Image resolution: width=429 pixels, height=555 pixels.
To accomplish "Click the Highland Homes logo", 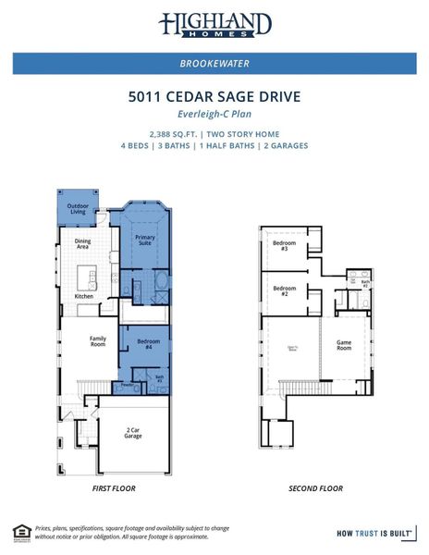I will [x=214, y=24].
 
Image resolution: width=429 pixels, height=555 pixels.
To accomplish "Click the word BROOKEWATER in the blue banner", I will [x=214, y=64].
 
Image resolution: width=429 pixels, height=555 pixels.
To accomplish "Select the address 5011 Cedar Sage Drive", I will [x=214, y=96].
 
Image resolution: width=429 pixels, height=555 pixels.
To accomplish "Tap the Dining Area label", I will [x=82, y=244].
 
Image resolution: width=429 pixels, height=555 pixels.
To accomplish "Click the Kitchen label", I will [x=83, y=296].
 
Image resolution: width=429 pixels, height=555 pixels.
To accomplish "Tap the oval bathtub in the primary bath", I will [x=161, y=280].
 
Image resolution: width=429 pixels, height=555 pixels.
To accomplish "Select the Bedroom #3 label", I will [x=284, y=246].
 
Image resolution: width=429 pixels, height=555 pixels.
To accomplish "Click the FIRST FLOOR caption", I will [x=115, y=487].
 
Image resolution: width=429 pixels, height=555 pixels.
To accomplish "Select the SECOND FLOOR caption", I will [x=315, y=487].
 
